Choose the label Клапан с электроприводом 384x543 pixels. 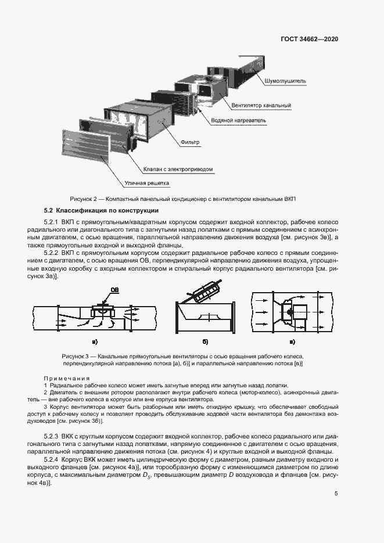tap(178, 170)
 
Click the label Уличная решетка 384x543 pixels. tap(146, 184)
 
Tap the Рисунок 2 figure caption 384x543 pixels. tap(182, 199)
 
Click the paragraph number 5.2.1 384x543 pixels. tap(52, 223)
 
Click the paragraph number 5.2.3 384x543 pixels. tap(52, 436)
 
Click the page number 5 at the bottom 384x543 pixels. tap(336, 494)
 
